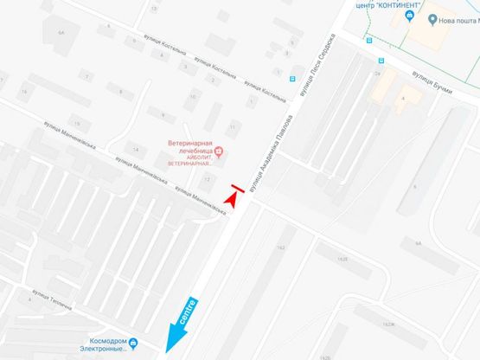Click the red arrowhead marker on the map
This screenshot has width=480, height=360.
(x=231, y=199)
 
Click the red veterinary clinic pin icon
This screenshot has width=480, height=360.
(x=218, y=153)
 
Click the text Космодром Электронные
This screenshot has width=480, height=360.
(x=96, y=344)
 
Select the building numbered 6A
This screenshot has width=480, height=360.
(x=61, y=32)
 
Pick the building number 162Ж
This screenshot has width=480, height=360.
(x=388, y=325)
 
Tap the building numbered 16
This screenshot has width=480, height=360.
(x=26, y=91)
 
